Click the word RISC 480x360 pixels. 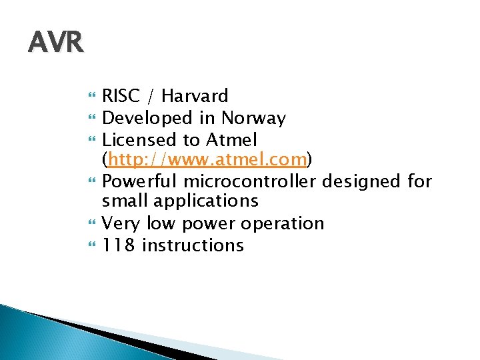click(x=122, y=97)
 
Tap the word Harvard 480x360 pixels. click(x=195, y=97)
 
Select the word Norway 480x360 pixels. click(x=253, y=119)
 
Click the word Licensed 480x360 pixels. click(x=139, y=140)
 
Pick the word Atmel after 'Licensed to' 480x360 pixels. click(x=232, y=140)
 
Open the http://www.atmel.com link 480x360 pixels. click(x=207, y=161)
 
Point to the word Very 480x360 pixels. click(x=120, y=223)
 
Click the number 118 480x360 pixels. click(x=118, y=245)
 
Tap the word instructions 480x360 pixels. click(x=193, y=245)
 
